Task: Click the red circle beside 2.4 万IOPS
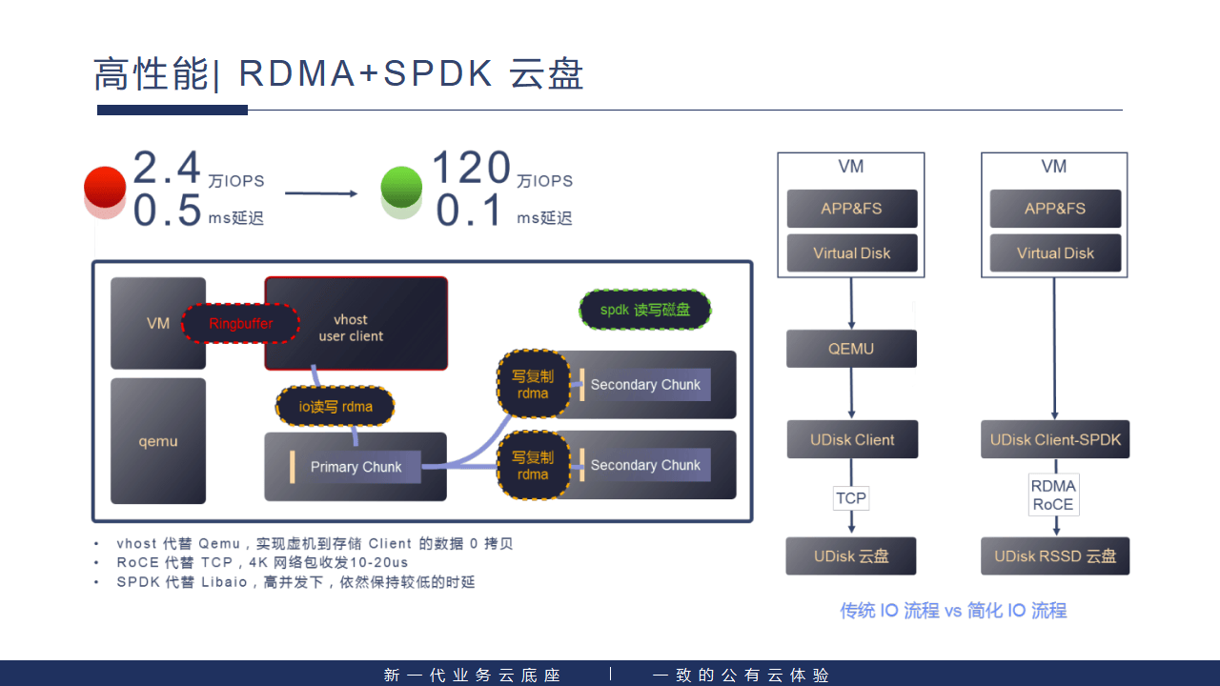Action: point(105,187)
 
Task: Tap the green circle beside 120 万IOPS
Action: point(401,187)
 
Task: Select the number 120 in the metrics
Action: point(471,169)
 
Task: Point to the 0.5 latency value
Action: point(167,211)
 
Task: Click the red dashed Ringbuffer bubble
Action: point(240,324)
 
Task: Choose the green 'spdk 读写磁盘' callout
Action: point(645,310)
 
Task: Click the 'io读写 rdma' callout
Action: point(335,407)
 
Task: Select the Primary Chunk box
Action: point(356,467)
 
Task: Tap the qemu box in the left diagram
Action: point(158,441)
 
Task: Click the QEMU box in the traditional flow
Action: point(851,349)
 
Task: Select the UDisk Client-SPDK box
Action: point(1055,440)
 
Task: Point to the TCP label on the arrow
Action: point(851,498)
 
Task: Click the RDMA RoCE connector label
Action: point(1053,495)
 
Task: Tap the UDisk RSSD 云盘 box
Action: point(1055,556)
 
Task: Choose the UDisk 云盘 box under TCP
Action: point(851,556)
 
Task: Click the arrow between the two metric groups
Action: point(321,194)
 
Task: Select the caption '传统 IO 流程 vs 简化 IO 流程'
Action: point(953,611)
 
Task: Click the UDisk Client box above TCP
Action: point(852,440)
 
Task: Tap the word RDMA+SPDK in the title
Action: point(366,74)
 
